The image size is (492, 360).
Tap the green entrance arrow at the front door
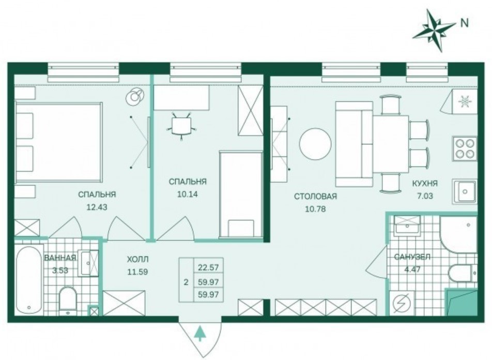pyautogui.click(x=198, y=334)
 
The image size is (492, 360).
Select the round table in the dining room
pyautogui.click(x=315, y=144)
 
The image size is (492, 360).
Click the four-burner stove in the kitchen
pyautogui.click(x=465, y=148)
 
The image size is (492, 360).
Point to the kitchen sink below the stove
pyautogui.click(x=465, y=191)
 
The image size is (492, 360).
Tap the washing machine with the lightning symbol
pyautogui.click(x=402, y=303)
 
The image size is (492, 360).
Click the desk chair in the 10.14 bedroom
pyautogui.click(x=182, y=125)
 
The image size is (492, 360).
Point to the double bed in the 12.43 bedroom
pyautogui.click(x=59, y=142)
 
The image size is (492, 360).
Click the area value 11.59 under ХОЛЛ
pyautogui.click(x=137, y=272)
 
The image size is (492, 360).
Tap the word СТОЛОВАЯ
pyautogui.click(x=315, y=197)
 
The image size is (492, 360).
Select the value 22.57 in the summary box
pyautogui.click(x=208, y=267)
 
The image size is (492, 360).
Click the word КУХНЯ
pyautogui.click(x=425, y=184)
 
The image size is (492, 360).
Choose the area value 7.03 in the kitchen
pyautogui.click(x=425, y=196)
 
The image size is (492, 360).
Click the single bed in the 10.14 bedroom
pyautogui.click(x=241, y=194)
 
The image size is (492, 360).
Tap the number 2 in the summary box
pyautogui.click(x=186, y=282)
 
